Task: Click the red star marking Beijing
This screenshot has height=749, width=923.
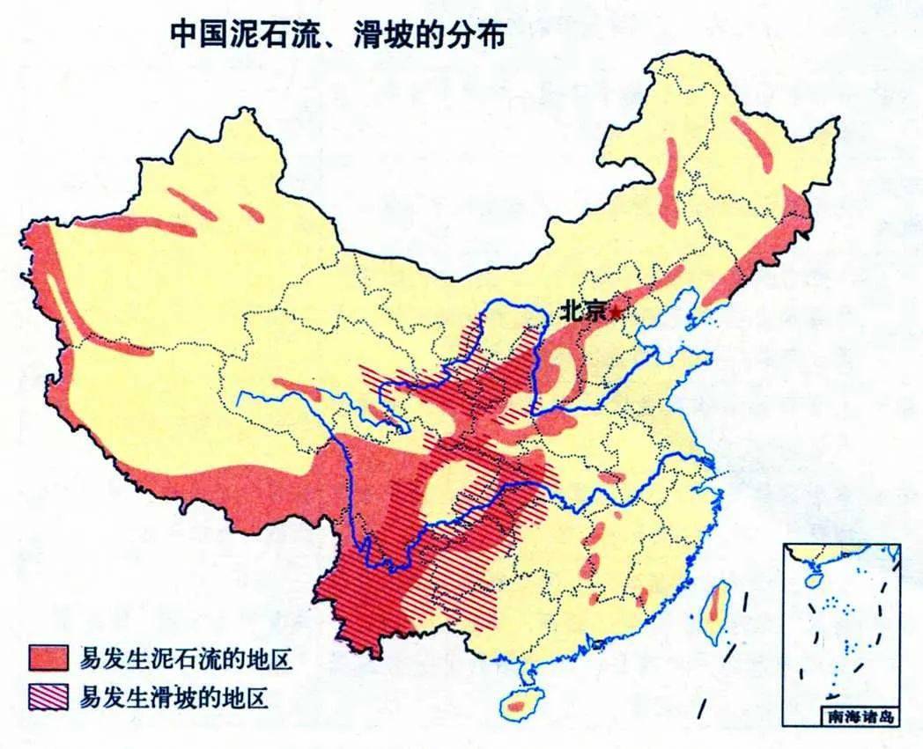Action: pos(615,312)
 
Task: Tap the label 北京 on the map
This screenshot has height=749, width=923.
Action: pos(583,311)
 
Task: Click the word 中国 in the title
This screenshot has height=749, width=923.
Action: pos(194,36)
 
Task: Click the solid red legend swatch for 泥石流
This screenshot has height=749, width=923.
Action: pos(48,657)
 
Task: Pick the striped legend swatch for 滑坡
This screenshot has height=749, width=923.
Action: pos(48,698)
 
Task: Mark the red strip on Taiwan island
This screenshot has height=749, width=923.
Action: pos(717,606)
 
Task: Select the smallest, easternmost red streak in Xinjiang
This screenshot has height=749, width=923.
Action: pos(251,212)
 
